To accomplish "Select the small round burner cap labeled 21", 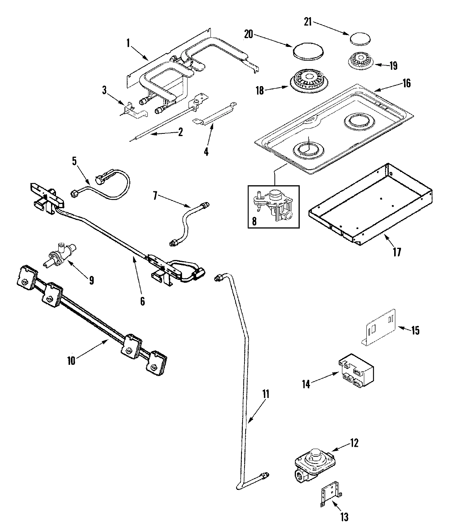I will (x=360, y=40).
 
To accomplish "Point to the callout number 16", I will (x=406, y=83).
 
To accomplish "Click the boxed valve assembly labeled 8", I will (x=273, y=206).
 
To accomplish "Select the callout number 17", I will (x=397, y=252).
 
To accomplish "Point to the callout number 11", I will (x=265, y=394).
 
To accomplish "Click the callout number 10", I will (x=71, y=360).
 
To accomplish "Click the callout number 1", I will (x=128, y=43).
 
